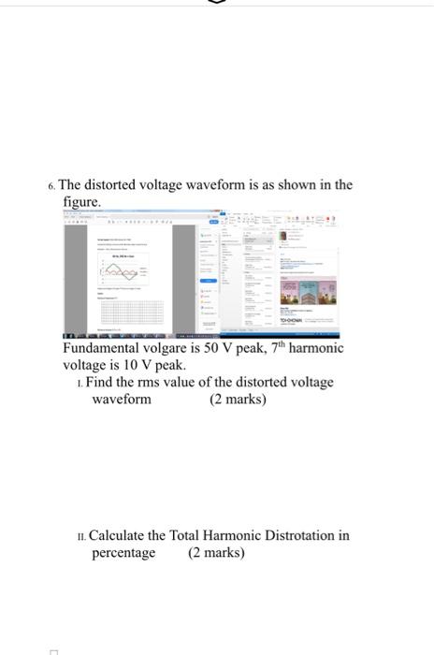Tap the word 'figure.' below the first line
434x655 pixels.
tap(81, 201)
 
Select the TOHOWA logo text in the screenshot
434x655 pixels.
tap(290, 320)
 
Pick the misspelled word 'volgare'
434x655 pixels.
tap(171, 348)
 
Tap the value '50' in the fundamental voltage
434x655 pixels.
tap(211, 348)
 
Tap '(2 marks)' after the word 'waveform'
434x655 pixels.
tap(238, 400)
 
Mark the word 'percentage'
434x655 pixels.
tap(123, 553)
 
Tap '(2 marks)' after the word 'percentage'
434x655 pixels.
tap(216, 553)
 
